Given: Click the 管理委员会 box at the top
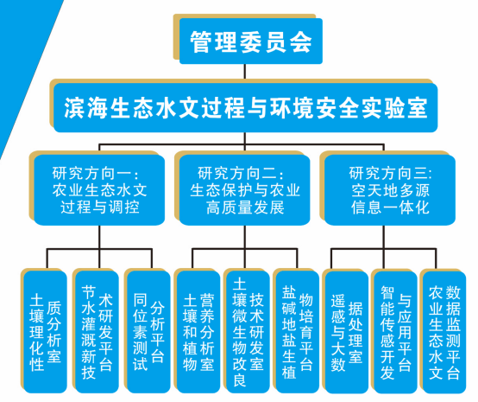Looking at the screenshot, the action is point(250,41).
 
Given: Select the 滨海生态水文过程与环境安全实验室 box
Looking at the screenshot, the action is point(245,107).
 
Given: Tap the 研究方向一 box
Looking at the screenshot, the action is point(99,190).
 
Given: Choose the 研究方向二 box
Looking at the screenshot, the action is point(244,190).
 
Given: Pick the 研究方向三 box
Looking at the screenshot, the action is point(390,190).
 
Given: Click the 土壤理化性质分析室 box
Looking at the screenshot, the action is point(45,332).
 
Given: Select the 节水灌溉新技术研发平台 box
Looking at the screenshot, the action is point(97,332).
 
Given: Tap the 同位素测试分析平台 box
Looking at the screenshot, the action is point(148,332).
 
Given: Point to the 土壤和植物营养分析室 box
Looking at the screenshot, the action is point(198,332).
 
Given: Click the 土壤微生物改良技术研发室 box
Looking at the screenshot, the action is point(248,332).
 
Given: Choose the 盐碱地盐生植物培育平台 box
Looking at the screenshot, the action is point(297,332).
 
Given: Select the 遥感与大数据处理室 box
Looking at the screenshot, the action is point(347,332).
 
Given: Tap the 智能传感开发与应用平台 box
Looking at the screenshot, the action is point(395,332).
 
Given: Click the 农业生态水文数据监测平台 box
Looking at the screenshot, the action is point(444,332).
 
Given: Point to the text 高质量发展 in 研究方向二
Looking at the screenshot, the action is point(245,207).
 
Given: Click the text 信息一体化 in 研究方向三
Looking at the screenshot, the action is point(390,207).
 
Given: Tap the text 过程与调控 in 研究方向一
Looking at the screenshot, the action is point(100,207).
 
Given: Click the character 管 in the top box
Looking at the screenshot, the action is point(200,41).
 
